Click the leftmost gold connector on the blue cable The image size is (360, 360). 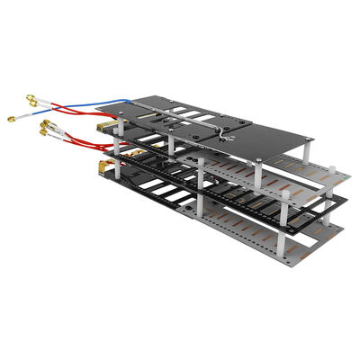[11, 118]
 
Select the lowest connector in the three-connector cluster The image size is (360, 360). [44, 140]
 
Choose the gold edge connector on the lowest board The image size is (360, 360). [102, 167]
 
